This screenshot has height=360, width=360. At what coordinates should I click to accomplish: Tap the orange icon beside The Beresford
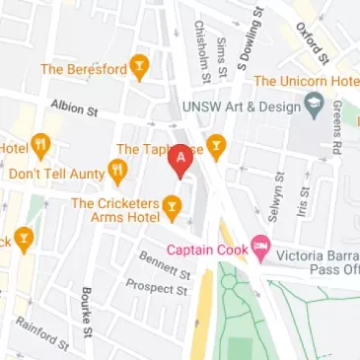(139, 69)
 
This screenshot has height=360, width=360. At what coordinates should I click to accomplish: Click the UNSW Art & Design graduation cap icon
(315, 103)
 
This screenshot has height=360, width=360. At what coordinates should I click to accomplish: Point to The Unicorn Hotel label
(305, 81)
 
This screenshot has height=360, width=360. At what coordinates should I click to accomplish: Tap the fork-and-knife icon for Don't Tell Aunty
(118, 174)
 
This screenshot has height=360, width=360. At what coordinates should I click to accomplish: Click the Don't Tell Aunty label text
(55, 174)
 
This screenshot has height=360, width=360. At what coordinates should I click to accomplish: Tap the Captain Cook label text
(206, 250)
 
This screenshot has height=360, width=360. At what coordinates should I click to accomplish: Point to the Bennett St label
(164, 263)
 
